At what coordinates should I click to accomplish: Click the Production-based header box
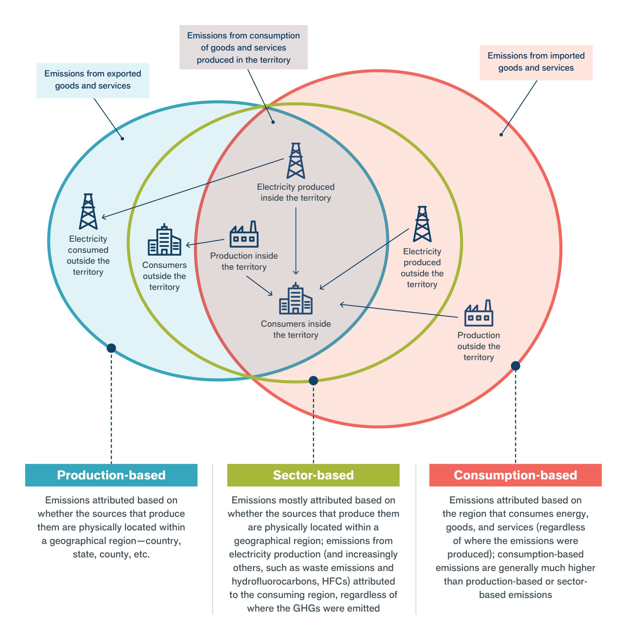click(111, 475)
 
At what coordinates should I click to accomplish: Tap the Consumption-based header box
click(515, 475)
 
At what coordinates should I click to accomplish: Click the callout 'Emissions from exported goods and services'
click(93, 80)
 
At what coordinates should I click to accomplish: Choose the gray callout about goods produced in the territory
click(243, 47)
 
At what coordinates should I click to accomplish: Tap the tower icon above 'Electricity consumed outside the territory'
click(88, 212)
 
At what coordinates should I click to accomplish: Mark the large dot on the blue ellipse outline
click(111, 348)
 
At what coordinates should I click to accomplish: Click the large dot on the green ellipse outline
click(313, 381)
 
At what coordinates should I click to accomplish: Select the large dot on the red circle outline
click(515, 366)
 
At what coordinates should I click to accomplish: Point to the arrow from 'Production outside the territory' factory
click(398, 311)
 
